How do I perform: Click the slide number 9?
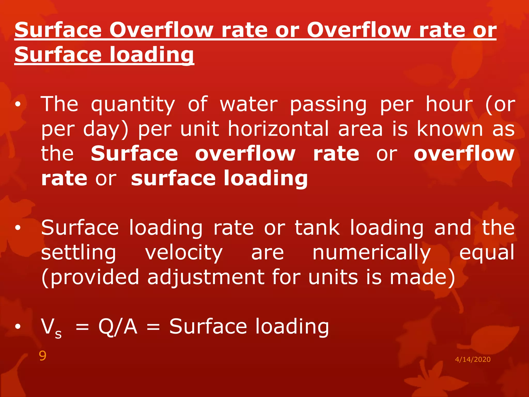click(x=43, y=356)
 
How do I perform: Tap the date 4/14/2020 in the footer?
click(x=473, y=359)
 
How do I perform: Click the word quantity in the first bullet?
click(x=133, y=105)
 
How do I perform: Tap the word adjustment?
click(x=206, y=277)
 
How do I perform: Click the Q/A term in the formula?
click(x=118, y=327)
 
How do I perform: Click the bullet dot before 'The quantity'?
click(x=18, y=105)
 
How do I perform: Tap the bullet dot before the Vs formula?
click(x=18, y=327)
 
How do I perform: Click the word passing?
click(x=328, y=105)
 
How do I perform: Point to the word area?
click(x=360, y=129)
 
